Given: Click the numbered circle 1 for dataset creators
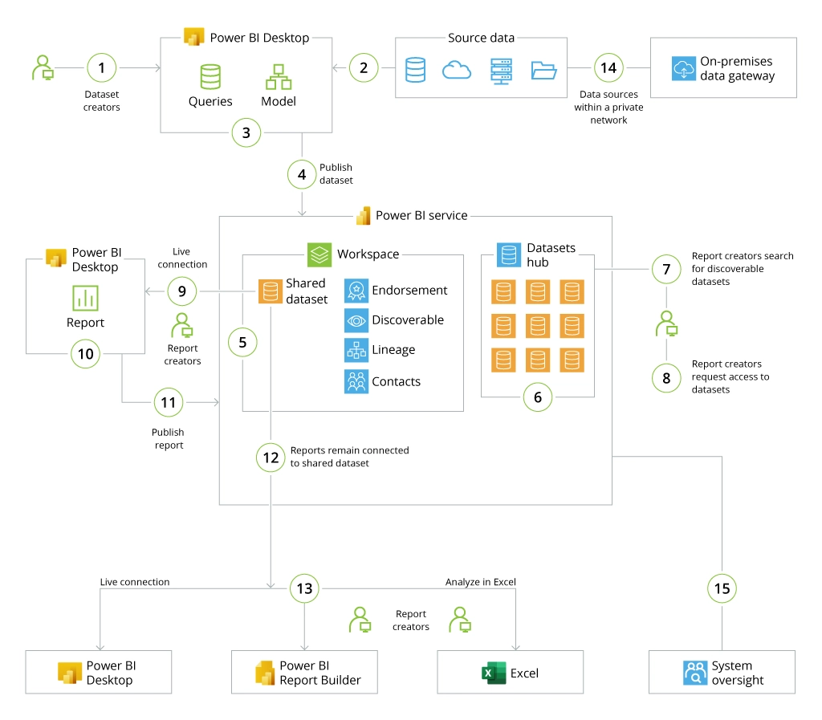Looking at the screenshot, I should (x=101, y=68).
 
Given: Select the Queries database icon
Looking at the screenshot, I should (x=210, y=77).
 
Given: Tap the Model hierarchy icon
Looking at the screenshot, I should (x=278, y=77).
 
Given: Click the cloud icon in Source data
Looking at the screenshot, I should (x=457, y=70).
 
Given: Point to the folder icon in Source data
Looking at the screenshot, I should (x=543, y=70).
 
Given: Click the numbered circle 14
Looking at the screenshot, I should (x=609, y=68).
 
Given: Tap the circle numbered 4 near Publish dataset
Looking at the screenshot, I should (x=302, y=173).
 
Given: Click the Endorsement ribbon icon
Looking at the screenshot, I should (x=356, y=291).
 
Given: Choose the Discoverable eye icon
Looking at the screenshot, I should (x=356, y=320).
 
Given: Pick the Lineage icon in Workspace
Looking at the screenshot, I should (x=356, y=350).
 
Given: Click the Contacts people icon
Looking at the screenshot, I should (x=356, y=381).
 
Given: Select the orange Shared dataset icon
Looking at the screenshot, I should (x=270, y=291).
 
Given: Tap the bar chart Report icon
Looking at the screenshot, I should (x=85, y=298).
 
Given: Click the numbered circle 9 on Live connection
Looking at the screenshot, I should (x=182, y=291).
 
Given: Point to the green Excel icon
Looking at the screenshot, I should (x=494, y=673).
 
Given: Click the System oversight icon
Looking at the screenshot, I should (x=694, y=673).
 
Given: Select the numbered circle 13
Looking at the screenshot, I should (x=304, y=588).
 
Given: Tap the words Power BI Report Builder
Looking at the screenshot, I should (x=319, y=673).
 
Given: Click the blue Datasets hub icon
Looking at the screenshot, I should (x=508, y=255).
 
